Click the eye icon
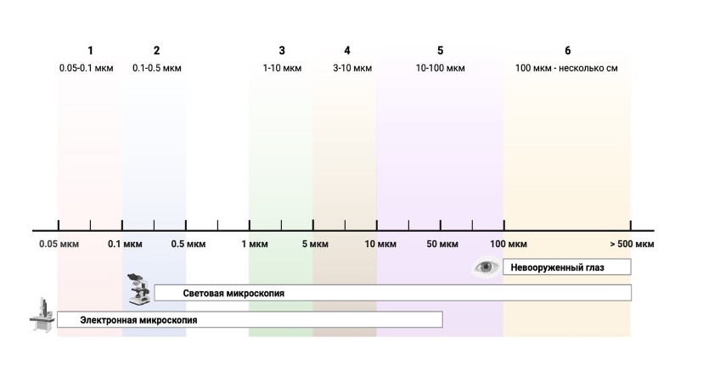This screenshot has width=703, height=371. (486, 267)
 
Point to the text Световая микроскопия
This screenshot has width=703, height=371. (233, 293)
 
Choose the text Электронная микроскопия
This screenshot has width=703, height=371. (138, 320)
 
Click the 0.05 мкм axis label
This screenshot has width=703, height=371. (58, 245)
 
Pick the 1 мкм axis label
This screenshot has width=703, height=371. (252, 245)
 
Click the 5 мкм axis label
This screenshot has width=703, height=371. (315, 245)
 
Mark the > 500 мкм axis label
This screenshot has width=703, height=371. (632, 245)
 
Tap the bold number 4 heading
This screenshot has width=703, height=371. (347, 51)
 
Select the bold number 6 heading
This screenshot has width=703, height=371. (567, 51)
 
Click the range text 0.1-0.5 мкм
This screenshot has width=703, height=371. (157, 68)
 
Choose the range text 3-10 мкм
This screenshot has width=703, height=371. (347, 68)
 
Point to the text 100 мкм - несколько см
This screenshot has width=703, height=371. (567, 68)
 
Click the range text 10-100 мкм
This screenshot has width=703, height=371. (440, 68)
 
